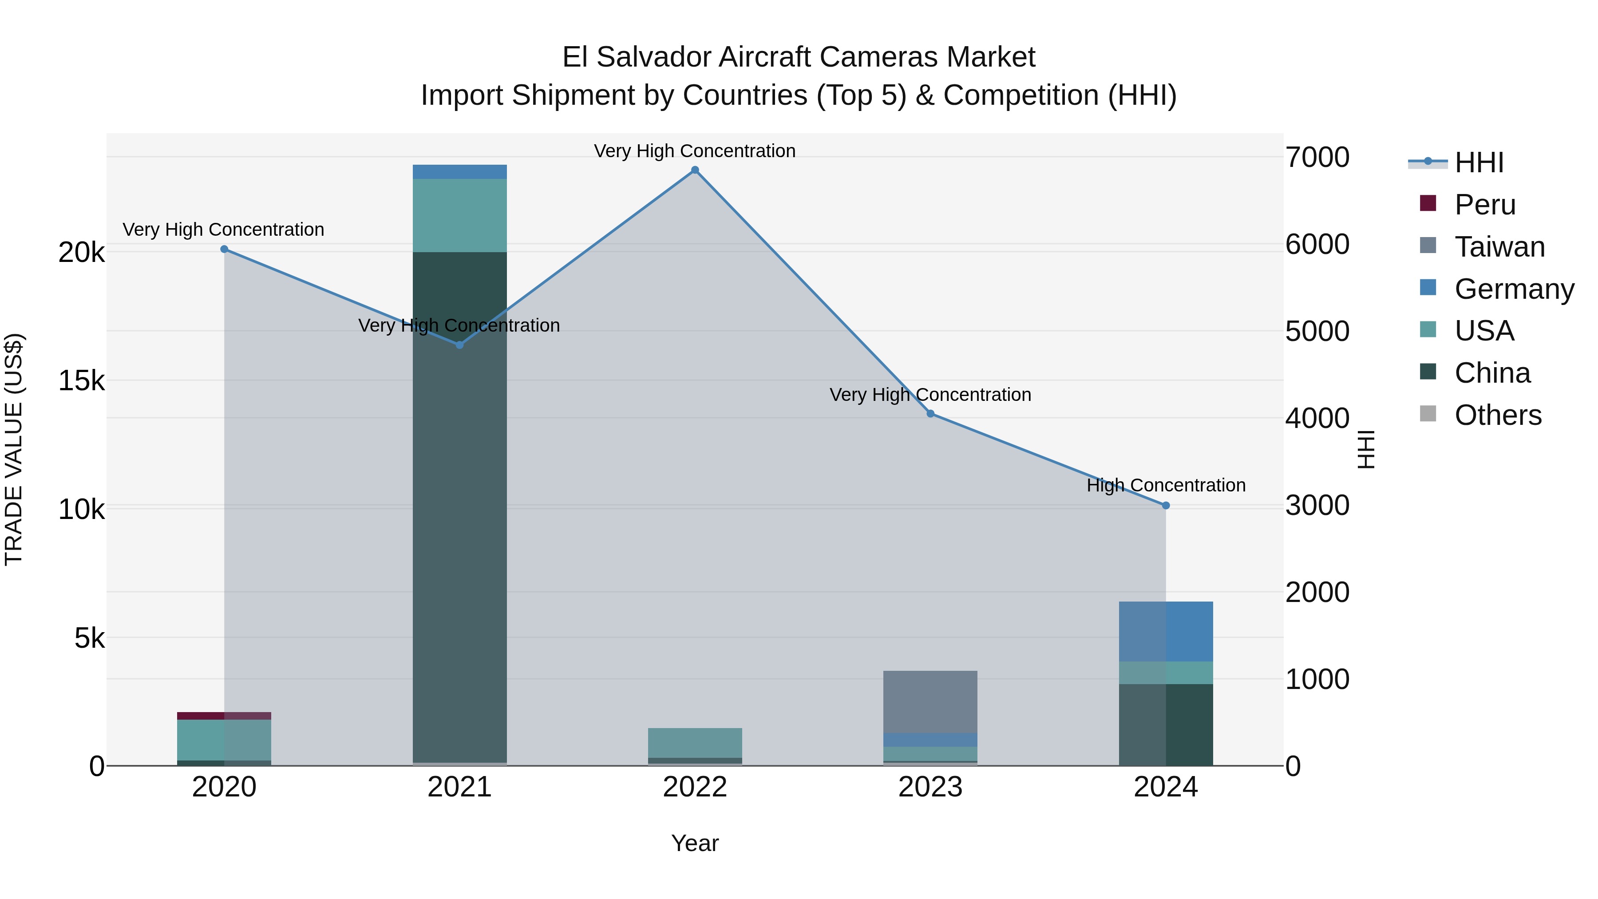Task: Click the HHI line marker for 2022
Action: [695, 170]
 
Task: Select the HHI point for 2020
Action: [224, 250]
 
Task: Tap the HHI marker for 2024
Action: [1166, 506]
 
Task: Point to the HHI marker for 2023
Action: [930, 414]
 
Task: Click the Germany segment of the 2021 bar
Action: [460, 172]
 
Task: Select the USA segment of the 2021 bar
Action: [460, 215]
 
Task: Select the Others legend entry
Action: [1498, 415]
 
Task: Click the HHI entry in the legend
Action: [1479, 162]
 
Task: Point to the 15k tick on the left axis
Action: [81, 380]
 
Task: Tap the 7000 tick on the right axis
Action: [1317, 158]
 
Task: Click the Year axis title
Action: [695, 843]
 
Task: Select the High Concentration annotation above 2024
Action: [1166, 485]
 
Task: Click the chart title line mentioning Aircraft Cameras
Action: [799, 57]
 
